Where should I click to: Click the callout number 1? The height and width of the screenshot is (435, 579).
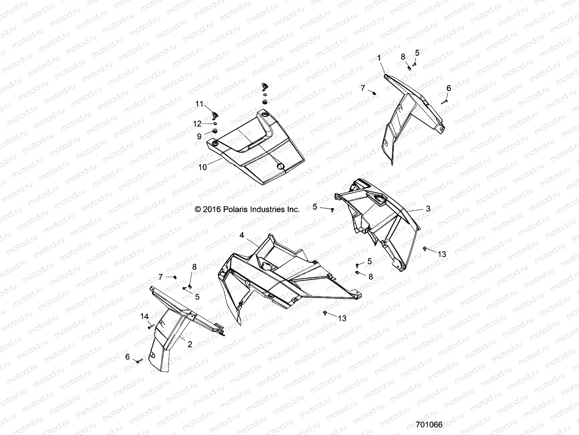379,58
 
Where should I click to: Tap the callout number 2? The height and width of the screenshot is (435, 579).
190,344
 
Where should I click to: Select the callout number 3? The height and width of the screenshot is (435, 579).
428,208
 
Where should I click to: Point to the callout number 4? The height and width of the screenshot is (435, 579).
242,235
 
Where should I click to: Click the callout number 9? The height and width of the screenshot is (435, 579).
199,136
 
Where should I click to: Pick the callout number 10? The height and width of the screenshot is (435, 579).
203,167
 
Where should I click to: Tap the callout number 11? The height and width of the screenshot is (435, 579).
199,104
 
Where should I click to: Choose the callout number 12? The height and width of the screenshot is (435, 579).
197,124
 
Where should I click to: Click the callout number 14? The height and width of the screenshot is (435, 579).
144,316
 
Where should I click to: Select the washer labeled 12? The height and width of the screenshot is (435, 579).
215,123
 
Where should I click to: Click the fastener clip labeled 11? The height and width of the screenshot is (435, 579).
215,115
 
